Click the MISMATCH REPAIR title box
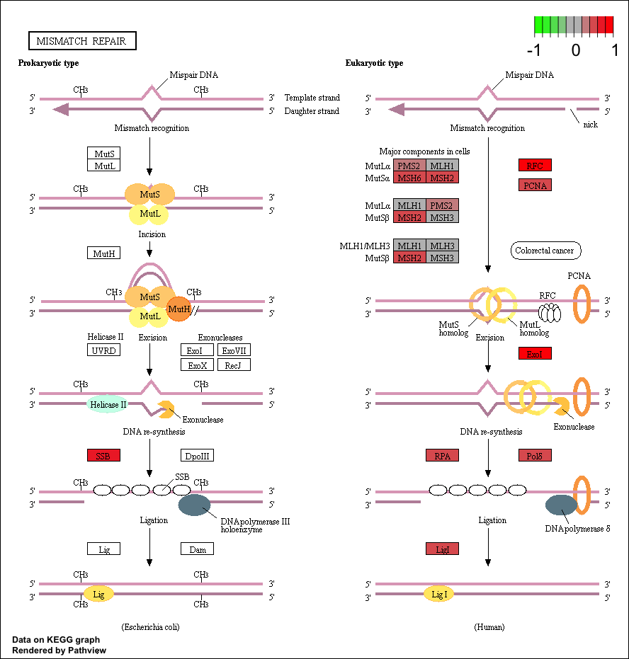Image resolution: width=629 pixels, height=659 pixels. coord(82,41)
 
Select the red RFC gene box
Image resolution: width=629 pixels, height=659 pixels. coord(535,165)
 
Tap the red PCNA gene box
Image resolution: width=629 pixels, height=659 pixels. coord(535,185)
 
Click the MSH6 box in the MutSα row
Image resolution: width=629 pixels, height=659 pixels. coord(409,178)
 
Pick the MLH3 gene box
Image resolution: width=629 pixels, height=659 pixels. coord(442,245)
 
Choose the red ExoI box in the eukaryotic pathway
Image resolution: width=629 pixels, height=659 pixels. coord(535,353)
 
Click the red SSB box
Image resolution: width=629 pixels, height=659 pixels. coord(103,455)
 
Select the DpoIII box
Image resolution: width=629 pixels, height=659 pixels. coord(197,455)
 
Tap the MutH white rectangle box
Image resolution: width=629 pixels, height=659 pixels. coord(103,253)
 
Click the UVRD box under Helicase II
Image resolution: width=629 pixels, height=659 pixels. coord(103,350)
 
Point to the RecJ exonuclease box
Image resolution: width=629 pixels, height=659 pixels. coord(234,365)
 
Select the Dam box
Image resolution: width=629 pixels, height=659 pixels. coord(197,549)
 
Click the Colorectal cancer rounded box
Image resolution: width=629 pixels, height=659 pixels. coord(545,251)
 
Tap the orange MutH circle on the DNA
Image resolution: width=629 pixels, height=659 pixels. coord(179,309)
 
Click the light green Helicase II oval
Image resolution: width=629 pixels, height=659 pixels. coord(108,404)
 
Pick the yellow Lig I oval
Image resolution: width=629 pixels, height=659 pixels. coord(439,594)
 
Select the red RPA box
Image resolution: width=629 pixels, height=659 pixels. coord(442,455)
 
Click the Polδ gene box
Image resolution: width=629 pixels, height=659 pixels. coord(535,455)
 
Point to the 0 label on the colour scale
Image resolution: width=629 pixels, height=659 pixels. coord(576,50)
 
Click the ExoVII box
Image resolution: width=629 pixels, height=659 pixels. coord(234,350)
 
